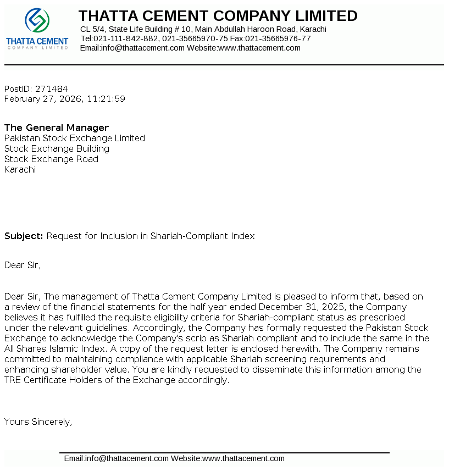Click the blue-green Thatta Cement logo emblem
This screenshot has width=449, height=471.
[x=37, y=21]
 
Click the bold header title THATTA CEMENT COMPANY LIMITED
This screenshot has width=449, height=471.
[x=218, y=16]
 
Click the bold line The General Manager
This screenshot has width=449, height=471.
[x=57, y=128]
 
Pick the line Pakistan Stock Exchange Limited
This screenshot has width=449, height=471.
[x=75, y=138]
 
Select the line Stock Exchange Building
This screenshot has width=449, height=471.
[x=57, y=148]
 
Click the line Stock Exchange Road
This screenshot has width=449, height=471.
[x=51, y=159]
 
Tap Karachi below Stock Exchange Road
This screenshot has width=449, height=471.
[x=20, y=169]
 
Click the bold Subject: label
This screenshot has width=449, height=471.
[x=24, y=236]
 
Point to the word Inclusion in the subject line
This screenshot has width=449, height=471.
[x=118, y=236]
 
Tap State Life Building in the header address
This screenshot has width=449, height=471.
[x=140, y=29]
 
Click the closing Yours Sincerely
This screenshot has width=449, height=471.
[x=38, y=422]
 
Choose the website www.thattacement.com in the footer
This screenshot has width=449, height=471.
[x=243, y=458]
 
